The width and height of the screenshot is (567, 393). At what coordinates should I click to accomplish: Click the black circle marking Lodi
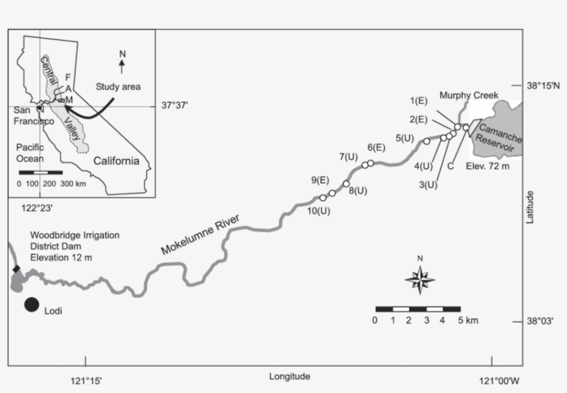[32, 305]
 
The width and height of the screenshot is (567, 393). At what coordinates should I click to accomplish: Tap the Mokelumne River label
[200, 236]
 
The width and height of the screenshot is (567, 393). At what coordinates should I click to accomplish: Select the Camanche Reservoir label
[498, 136]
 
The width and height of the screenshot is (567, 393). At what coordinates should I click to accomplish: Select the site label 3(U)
[429, 184]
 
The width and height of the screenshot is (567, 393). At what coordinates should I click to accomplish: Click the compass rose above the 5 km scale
[419, 279]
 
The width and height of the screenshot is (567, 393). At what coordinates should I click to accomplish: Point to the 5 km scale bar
[418, 308]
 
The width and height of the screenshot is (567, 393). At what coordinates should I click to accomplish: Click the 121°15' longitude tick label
[86, 378]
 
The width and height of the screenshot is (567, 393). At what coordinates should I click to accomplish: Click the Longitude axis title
[290, 376]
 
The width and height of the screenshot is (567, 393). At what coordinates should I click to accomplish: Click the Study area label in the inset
[117, 87]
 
